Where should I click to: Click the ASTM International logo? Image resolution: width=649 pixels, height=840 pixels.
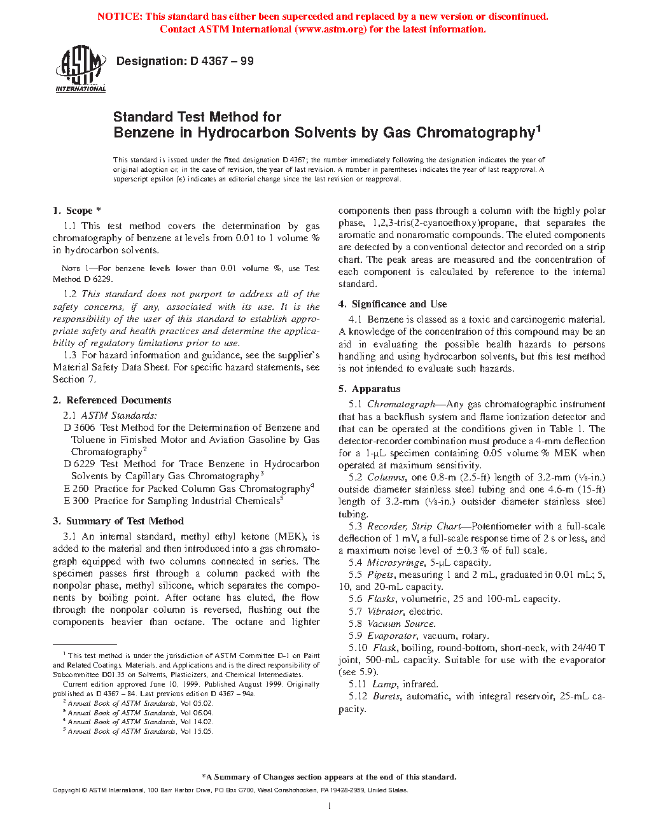pos(80,69)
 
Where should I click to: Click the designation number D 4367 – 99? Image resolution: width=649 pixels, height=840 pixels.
pos(221,61)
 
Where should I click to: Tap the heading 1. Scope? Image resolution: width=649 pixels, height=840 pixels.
pos(76,211)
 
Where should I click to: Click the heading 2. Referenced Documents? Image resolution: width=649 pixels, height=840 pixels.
pos(112,400)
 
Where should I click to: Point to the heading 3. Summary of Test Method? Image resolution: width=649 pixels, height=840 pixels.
pos(118,521)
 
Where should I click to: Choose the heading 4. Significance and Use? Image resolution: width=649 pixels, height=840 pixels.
pos(393,304)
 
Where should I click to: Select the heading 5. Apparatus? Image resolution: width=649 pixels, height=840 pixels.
pos(370,389)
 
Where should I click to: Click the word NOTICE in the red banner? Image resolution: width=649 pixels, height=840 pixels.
pos(120,17)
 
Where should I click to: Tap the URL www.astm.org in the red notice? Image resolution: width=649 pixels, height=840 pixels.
pos(331,29)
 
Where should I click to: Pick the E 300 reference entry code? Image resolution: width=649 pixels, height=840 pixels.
pos(76,501)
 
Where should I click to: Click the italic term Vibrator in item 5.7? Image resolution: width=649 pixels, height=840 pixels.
pos(385,612)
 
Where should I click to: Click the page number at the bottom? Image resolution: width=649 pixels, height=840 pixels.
pos(329,806)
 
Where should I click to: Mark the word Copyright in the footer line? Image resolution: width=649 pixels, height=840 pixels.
pos(66,790)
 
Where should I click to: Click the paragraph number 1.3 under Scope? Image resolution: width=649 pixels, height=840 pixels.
pos(70,355)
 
